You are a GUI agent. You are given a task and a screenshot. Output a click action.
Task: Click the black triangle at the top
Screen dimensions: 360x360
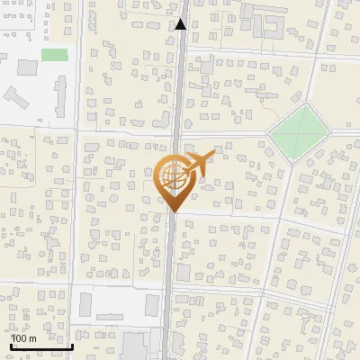(181, 24)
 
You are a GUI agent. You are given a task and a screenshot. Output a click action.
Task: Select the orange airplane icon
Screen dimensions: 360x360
(200, 163)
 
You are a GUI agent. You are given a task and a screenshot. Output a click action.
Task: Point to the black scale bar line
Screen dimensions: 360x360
(41, 346)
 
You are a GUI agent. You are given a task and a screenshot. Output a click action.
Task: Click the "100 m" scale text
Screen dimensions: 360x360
(24, 338)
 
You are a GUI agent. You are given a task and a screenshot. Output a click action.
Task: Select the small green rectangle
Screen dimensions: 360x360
(55, 55)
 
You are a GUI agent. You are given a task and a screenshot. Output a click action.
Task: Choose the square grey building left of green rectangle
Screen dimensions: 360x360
(27, 67)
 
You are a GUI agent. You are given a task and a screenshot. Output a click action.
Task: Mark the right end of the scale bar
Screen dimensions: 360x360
(72, 346)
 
